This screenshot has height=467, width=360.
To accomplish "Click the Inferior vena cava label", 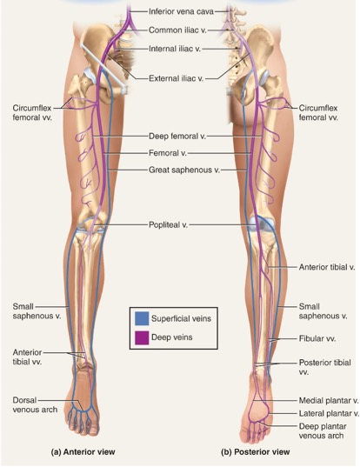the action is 181,11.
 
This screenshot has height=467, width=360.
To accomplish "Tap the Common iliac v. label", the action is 177,30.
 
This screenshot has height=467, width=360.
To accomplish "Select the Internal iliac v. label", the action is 175,49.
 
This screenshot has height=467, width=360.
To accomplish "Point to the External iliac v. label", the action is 176,78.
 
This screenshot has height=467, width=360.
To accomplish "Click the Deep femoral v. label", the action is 177,137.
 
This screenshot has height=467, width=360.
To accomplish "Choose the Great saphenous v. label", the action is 184,170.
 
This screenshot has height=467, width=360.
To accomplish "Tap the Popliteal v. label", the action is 168,224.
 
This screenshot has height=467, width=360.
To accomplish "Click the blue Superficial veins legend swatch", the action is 142,318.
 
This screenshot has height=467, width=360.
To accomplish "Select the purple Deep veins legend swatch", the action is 142,337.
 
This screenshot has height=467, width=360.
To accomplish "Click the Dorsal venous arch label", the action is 35,404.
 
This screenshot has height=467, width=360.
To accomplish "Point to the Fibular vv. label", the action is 317,338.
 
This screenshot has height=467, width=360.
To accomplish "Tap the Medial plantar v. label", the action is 329,401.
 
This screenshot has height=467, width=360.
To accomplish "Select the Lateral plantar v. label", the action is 329,413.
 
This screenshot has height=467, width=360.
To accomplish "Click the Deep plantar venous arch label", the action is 323,431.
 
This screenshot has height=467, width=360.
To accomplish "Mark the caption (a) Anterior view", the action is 83,452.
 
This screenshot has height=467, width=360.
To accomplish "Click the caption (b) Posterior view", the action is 255,452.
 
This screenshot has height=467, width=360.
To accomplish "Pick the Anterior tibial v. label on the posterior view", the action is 327,267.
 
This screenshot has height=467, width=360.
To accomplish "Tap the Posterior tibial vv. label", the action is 325,367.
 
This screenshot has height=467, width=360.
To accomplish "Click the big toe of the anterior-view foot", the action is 94,427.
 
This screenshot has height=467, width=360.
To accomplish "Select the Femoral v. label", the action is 168,153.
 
